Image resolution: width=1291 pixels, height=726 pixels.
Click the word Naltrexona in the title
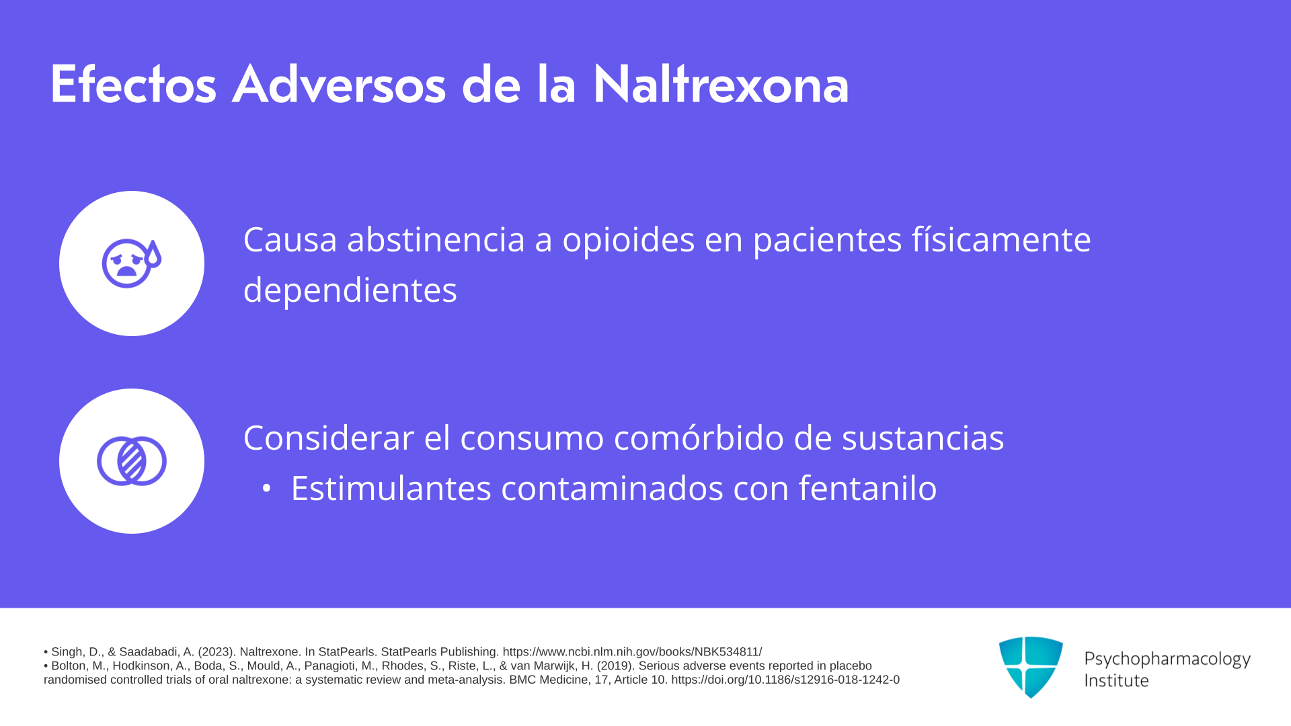coord(721,85)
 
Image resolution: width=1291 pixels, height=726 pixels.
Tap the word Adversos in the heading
coord(339,85)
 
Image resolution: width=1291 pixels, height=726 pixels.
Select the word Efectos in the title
coord(133,85)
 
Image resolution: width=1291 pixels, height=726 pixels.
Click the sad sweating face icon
coord(132,264)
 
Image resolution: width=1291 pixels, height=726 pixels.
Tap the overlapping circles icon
coord(132,461)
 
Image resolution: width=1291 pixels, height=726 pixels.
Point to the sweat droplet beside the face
coord(153,254)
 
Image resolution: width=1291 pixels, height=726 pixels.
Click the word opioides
coord(628,240)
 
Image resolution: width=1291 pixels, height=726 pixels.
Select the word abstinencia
coord(436,239)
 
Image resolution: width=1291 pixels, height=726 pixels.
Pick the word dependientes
coord(350,290)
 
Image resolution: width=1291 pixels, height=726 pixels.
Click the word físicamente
coord(1001,240)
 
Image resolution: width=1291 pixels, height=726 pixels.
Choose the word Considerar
coord(329,438)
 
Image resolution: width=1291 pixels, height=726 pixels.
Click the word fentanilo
coord(867,488)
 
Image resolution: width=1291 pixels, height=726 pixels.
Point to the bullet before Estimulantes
coord(267,489)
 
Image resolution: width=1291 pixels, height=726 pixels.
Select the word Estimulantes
coord(391,488)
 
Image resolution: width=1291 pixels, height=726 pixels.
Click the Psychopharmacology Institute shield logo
coord(1031,667)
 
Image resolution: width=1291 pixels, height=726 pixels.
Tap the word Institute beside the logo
coord(1116,681)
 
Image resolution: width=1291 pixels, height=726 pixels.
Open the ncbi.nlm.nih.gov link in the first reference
coord(632,652)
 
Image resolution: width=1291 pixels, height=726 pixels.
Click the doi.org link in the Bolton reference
coord(785,680)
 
